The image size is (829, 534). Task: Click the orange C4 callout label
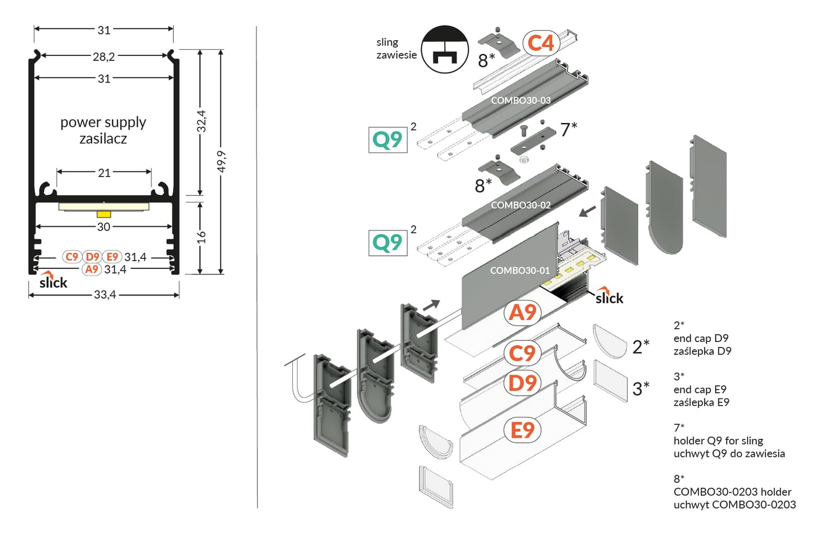[x=540, y=43]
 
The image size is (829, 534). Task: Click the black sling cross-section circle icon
[x=444, y=49]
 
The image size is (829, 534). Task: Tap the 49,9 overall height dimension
[x=221, y=161]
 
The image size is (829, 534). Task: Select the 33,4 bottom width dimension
[x=104, y=294]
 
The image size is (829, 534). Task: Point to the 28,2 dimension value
[x=104, y=56]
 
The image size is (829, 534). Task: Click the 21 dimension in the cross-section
[x=104, y=173]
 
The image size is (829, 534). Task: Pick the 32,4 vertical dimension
[x=201, y=121]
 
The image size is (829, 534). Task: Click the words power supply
[x=103, y=122]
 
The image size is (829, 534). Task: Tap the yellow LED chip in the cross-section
[x=104, y=214]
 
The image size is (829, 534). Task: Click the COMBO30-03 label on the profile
[x=521, y=100]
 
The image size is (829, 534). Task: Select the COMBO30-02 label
[x=521, y=205]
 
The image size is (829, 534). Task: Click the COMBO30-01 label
[x=520, y=270]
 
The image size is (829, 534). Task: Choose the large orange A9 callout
[x=522, y=313]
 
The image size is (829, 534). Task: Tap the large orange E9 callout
[x=522, y=430]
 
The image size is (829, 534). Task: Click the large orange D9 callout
[x=522, y=382]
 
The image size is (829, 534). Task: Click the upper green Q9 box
[x=387, y=139]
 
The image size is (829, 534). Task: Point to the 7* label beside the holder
[x=568, y=129]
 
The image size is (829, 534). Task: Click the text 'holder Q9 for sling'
[x=718, y=440]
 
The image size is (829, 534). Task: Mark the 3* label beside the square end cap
[x=641, y=388]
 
